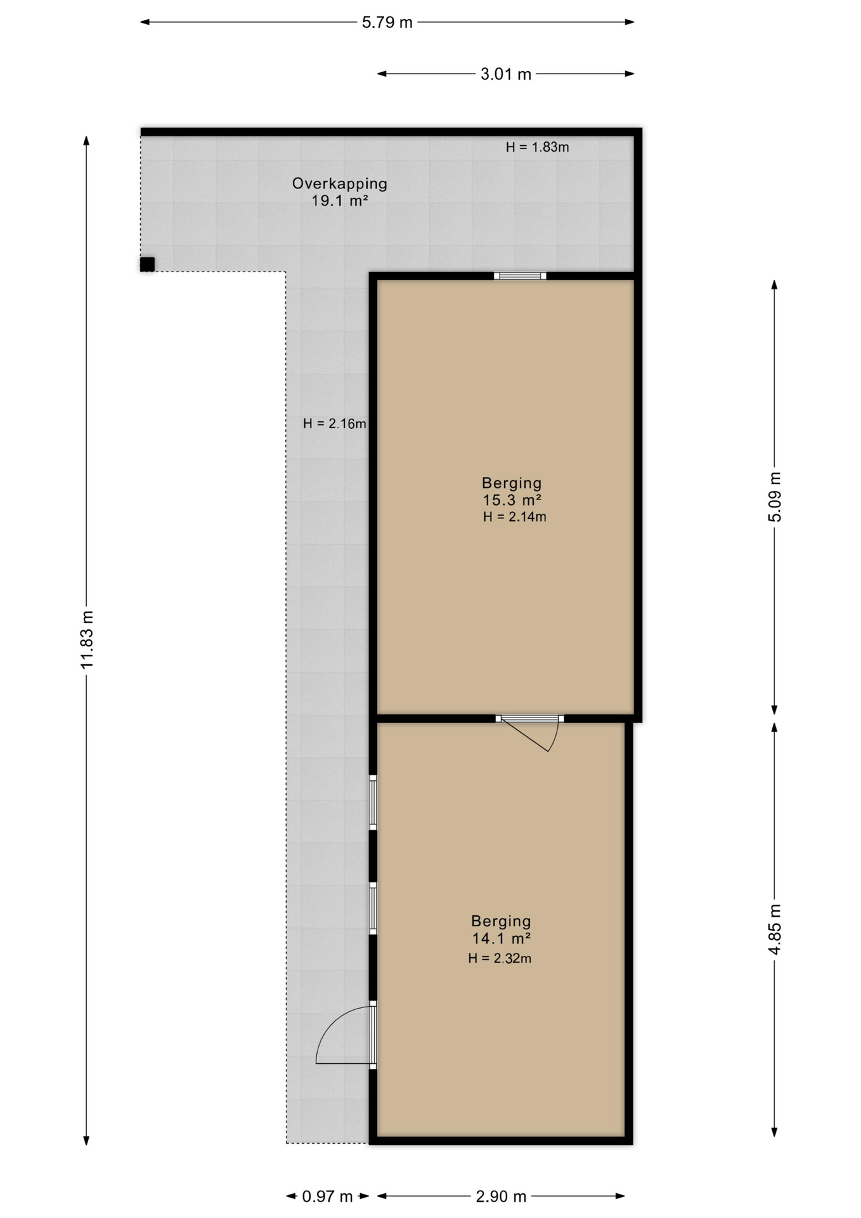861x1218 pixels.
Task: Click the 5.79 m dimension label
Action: coord(387,23)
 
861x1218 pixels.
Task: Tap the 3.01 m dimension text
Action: coord(505,74)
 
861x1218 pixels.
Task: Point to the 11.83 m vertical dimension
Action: coord(87,639)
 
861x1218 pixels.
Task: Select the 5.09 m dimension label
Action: coord(775,497)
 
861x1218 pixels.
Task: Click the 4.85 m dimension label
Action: coord(775,929)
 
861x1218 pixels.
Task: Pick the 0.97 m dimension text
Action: coord(327,1196)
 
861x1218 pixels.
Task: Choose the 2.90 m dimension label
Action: coord(501,1196)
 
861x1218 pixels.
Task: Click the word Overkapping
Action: coord(339,184)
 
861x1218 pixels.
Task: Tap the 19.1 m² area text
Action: coord(339,201)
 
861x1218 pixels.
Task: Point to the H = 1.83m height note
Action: coord(537,147)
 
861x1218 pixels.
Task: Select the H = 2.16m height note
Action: coord(334,424)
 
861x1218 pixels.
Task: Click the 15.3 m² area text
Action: coord(512,500)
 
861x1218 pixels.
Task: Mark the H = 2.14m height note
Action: coord(514,517)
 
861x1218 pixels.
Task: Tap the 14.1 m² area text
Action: coord(501,938)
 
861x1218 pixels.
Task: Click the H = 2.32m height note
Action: coord(500,959)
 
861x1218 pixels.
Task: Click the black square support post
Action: coord(147,265)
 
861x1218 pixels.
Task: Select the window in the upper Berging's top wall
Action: coord(520,276)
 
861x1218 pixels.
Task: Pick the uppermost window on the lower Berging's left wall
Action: coord(373,802)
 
